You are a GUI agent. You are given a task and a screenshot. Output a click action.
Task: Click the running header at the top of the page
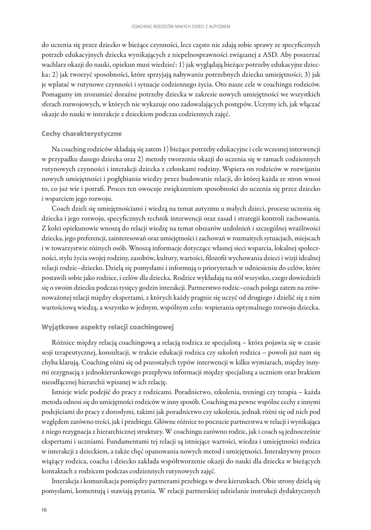click(x=181, y=27)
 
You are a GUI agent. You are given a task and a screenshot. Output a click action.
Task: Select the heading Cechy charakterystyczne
click(x=81, y=134)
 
